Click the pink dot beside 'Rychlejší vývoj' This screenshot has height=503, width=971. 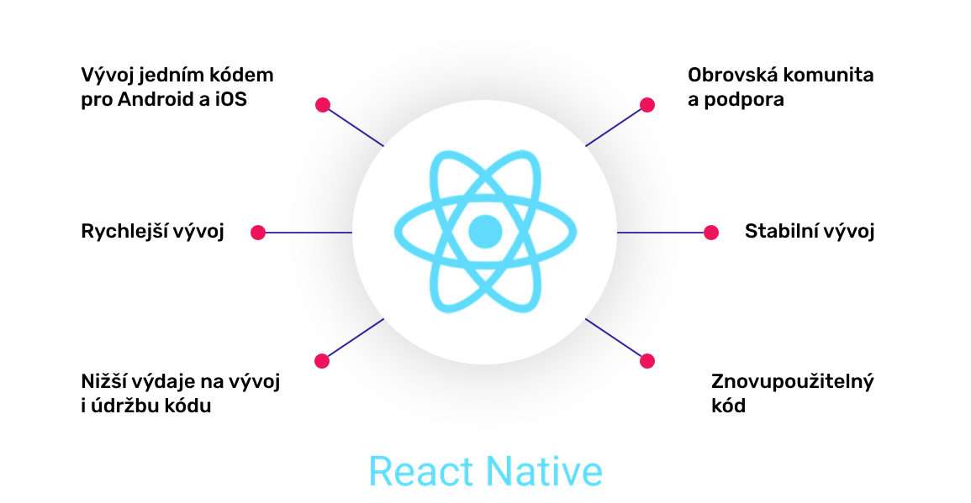(258, 233)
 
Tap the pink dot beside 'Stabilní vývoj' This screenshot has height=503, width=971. (710, 233)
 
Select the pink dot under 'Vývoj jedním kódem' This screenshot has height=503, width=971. (322, 105)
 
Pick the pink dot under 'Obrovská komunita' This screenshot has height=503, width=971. (646, 105)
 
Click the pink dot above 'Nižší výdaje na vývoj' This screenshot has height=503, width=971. (321, 361)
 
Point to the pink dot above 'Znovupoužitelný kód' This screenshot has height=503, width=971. (646, 361)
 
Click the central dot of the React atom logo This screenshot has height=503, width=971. (485, 231)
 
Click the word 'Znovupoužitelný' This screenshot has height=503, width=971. (793, 382)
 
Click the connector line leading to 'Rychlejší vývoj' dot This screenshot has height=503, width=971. (308, 233)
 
